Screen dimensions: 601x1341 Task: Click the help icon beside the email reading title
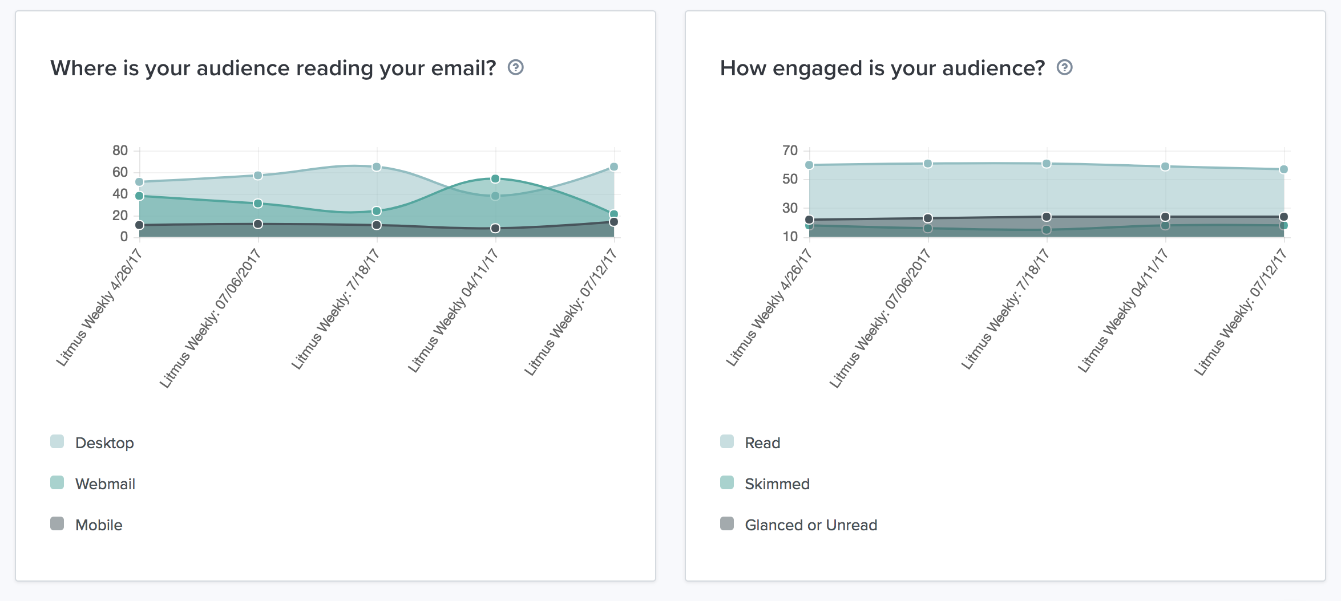click(515, 68)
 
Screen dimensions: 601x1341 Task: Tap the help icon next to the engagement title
click(1064, 68)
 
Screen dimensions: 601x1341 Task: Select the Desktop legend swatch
click(57, 442)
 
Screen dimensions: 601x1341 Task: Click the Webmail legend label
click(105, 484)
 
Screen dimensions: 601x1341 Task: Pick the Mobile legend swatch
click(57, 524)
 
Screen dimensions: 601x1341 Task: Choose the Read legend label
click(762, 443)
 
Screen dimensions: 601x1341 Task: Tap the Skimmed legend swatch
click(727, 483)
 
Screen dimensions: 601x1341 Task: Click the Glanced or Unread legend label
click(811, 525)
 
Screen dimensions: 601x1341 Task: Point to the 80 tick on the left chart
click(120, 151)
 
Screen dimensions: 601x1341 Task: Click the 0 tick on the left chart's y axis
click(124, 237)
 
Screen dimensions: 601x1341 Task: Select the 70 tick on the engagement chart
click(790, 151)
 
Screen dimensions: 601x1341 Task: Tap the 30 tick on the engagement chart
click(790, 208)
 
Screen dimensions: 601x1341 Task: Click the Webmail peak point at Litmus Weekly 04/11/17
click(495, 179)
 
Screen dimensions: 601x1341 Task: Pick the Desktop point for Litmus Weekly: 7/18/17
click(377, 167)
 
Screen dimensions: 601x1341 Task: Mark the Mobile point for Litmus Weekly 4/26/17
click(139, 225)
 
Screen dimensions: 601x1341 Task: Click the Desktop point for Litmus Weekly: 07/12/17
click(614, 167)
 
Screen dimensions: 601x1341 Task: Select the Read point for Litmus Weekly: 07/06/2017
click(928, 164)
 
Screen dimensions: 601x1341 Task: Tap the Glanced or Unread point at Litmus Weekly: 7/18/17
click(1047, 217)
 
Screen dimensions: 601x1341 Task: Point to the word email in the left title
click(463, 68)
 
